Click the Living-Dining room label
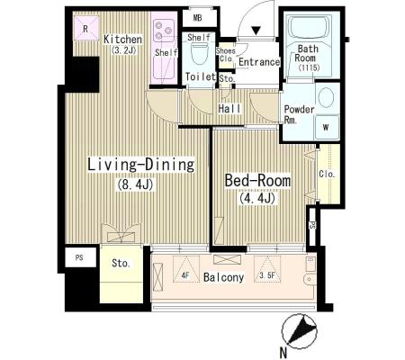coord(140,165)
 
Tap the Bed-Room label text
coord(257,181)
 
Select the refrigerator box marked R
coord(85,29)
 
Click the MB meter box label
coord(197,18)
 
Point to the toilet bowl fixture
coord(199,53)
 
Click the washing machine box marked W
coord(327,127)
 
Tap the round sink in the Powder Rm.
coord(326,97)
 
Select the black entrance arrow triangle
coord(256,31)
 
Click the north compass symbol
coord(300,330)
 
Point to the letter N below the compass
coord(283,353)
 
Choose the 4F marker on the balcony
coord(185,275)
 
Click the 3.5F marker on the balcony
coord(267,275)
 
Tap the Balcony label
coord(223,277)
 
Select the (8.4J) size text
coord(135,184)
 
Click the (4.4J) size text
coord(257,198)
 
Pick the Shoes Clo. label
coord(225,54)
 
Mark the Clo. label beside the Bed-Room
coord(327,174)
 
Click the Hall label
coord(229,109)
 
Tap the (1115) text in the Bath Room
coord(310,67)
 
